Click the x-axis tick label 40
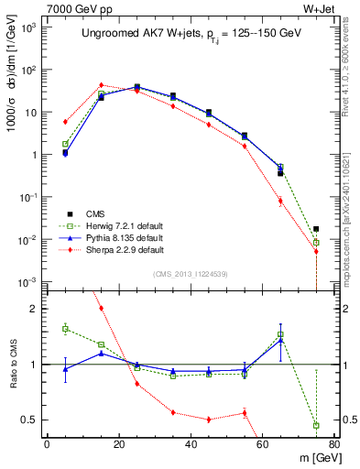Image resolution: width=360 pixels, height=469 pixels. [x=191, y=445]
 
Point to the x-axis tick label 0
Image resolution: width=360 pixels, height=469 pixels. [x=47, y=445]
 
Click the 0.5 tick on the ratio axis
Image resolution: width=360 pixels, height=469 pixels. [x=29, y=420]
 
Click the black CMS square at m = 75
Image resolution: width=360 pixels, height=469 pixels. [x=316, y=229]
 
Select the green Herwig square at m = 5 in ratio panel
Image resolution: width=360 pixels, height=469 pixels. [x=65, y=328]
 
